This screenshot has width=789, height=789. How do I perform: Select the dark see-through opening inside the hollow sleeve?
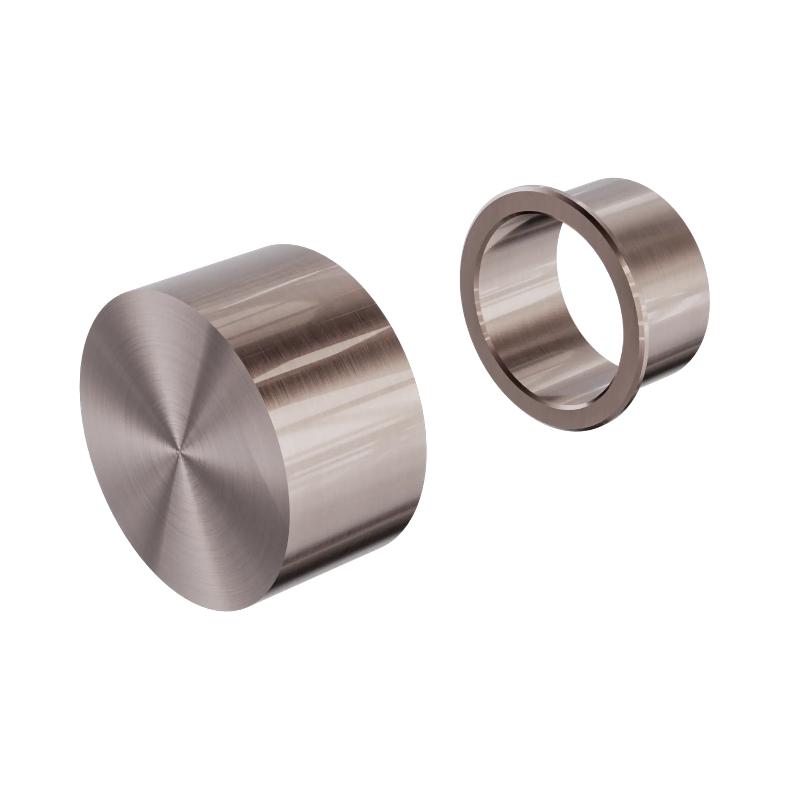pos(588,286)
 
